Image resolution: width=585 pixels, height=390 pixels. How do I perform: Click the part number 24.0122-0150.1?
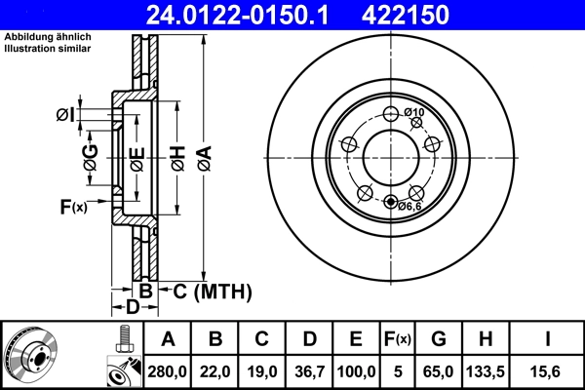[x=238, y=15]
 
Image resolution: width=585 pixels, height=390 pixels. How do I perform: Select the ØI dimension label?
[x=64, y=115]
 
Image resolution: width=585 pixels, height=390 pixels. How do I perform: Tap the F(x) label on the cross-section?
[x=73, y=207]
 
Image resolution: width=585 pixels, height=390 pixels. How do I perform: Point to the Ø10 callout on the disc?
[x=414, y=113]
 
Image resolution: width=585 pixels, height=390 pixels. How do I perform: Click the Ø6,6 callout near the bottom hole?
[x=409, y=207]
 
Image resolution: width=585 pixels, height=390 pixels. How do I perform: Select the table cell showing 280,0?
[x=169, y=371]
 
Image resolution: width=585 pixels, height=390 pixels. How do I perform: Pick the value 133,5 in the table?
[x=487, y=371]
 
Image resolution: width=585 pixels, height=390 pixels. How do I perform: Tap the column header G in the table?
[x=439, y=339]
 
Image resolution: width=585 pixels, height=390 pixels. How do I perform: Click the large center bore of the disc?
[x=391, y=157]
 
